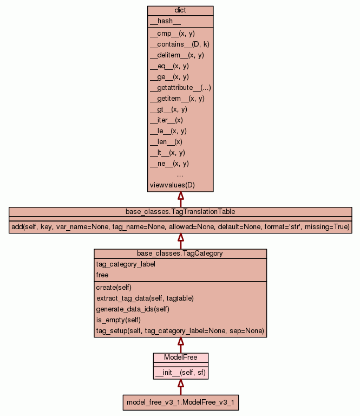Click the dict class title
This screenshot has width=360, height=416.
(x=180, y=11)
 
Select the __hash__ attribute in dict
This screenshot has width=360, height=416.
(x=161, y=21)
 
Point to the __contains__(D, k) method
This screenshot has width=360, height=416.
(x=179, y=44)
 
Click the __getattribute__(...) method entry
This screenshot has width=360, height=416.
(x=180, y=88)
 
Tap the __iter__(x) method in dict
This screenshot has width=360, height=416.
(x=166, y=120)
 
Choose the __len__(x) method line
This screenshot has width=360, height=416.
(x=166, y=142)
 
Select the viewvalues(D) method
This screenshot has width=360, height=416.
(x=172, y=185)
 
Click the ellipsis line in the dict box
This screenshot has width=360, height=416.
(x=180, y=174)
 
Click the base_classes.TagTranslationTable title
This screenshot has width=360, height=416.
(x=180, y=211)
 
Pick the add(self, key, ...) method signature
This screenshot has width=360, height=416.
(x=180, y=226)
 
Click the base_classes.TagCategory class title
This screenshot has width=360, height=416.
(x=180, y=253)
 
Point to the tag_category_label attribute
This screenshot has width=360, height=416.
(x=126, y=264)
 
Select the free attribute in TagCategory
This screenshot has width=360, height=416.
(x=102, y=275)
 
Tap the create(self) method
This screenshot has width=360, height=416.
(x=114, y=288)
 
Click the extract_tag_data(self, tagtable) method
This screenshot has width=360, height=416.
(x=145, y=298)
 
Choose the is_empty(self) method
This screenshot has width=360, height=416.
(x=118, y=320)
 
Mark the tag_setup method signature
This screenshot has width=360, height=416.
(x=180, y=331)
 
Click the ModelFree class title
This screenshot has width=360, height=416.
(x=180, y=357)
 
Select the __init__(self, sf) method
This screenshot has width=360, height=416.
(x=180, y=373)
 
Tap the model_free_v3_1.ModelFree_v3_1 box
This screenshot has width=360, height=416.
(x=181, y=403)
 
